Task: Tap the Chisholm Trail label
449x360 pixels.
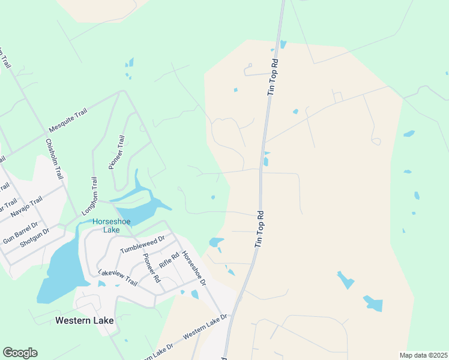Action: (55, 160)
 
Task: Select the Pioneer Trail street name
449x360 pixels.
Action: (117, 152)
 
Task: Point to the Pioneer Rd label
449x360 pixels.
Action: (152, 268)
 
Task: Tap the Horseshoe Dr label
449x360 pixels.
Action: (194, 268)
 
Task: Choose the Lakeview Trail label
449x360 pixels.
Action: (117, 278)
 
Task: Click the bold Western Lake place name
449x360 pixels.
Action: (84, 320)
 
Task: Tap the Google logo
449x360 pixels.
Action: (20, 353)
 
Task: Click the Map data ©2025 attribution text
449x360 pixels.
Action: (423, 355)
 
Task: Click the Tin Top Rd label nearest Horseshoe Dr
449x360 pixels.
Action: (259, 229)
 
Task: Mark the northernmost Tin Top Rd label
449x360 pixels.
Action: (273, 77)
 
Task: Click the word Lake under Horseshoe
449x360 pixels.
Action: (110, 230)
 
